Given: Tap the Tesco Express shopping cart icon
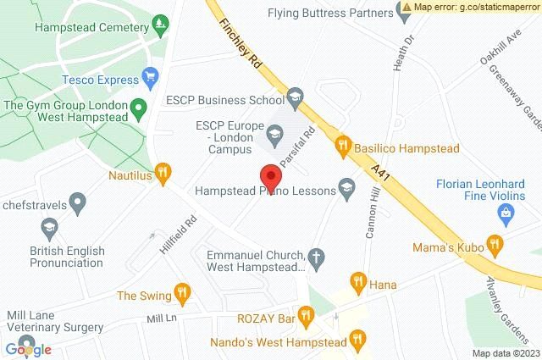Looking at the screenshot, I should click(152, 80).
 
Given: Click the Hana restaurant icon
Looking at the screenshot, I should click(357, 281).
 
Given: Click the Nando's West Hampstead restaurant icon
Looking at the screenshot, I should click(358, 341).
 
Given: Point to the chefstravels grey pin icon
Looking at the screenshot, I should click(78, 203).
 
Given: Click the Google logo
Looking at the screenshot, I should click(28, 349).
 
